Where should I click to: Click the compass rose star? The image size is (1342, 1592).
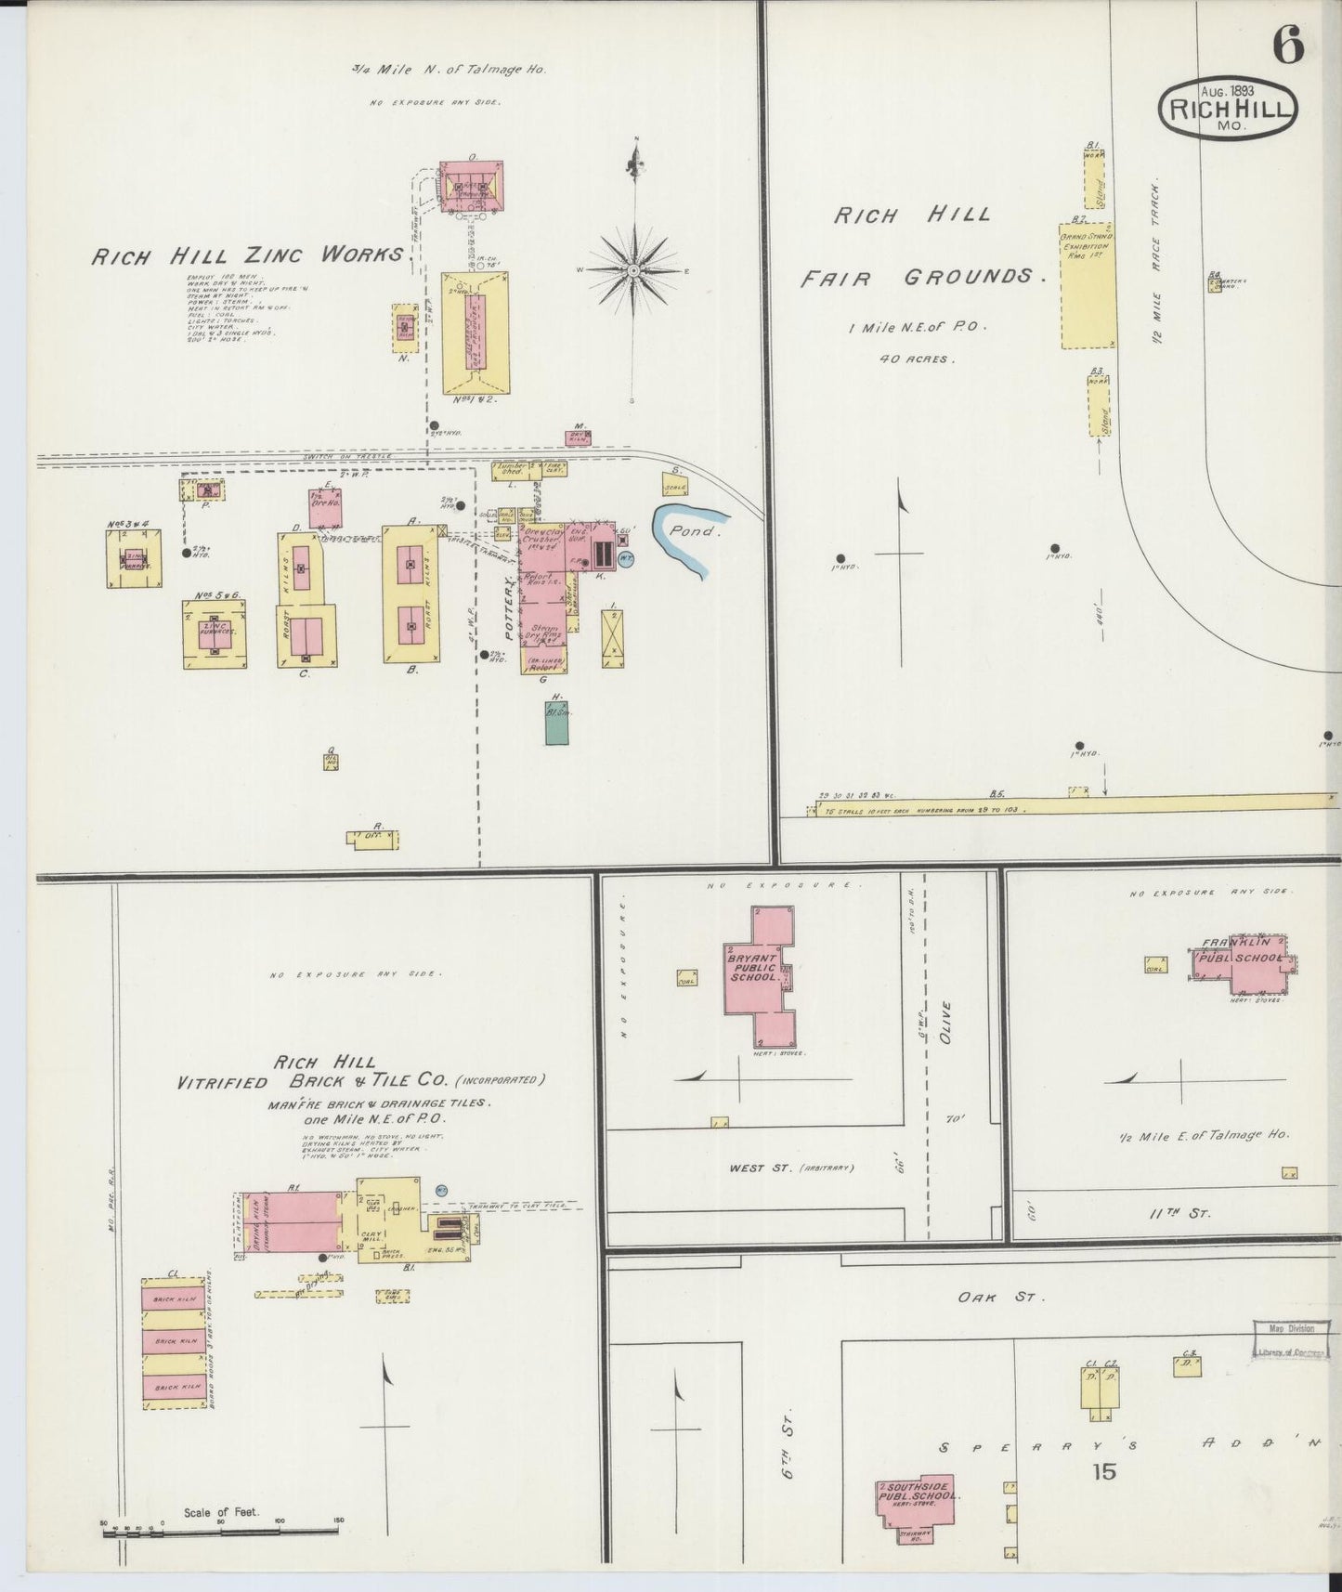point(632,270)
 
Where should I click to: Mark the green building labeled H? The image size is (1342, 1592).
point(557,723)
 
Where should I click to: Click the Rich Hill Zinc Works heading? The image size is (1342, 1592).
point(246,254)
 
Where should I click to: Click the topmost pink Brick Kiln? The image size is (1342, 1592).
point(174,1298)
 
